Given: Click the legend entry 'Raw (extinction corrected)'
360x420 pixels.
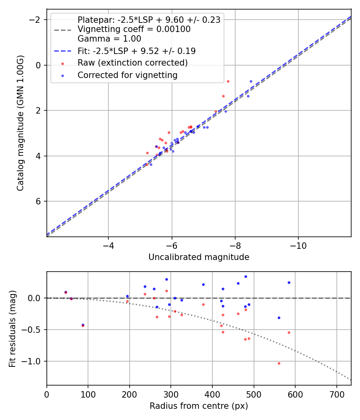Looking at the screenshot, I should click(132, 63).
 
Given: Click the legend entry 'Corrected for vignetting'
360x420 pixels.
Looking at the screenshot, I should click(127, 75).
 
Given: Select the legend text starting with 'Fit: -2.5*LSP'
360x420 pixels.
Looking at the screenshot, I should click(136, 51).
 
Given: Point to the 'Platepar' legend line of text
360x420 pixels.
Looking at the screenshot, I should click(149, 20).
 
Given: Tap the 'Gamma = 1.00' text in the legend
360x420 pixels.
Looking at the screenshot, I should click(109, 39).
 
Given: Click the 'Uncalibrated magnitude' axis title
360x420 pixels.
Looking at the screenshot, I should click(199, 257).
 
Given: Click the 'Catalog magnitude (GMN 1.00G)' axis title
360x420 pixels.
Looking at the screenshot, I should click(21, 123).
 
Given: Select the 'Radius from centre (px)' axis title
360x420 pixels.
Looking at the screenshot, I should click(199, 406).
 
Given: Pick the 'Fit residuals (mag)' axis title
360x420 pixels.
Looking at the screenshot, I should click(13, 328).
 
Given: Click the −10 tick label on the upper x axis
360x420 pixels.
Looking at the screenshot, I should click(298, 245).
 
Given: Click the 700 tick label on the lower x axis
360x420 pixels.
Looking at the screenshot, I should click(336, 394).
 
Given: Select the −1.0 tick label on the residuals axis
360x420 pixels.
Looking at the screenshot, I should click(33, 361).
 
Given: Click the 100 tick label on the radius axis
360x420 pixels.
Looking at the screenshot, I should click(88, 394).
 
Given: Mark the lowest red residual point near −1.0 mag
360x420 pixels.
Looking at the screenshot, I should click(279, 363).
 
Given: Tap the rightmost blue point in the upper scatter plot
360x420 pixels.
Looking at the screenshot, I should click(251, 81).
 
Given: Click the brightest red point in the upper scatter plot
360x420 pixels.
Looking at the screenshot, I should click(228, 81).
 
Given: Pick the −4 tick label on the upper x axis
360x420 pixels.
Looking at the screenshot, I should click(108, 245).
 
